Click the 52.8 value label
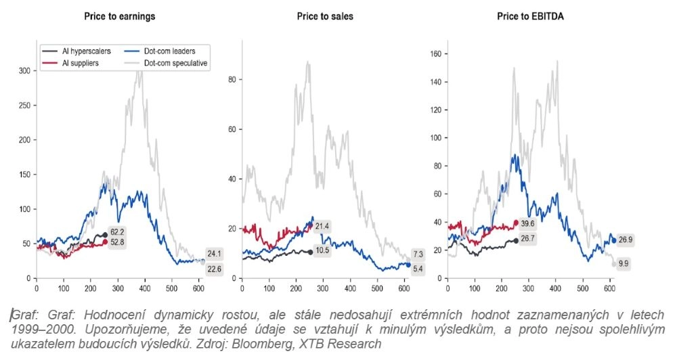point(119,242)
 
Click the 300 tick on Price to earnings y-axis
point(24,70)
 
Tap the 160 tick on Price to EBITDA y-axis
point(436,52)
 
